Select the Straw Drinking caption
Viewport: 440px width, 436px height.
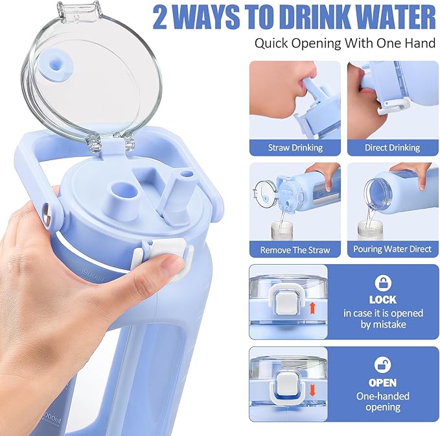[295, 147]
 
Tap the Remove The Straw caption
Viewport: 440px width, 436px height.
[295, 249]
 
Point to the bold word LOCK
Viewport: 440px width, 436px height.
[382, 300]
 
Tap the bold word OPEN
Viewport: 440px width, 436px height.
[382, 382]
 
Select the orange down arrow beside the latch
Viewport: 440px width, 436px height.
[315, 390]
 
